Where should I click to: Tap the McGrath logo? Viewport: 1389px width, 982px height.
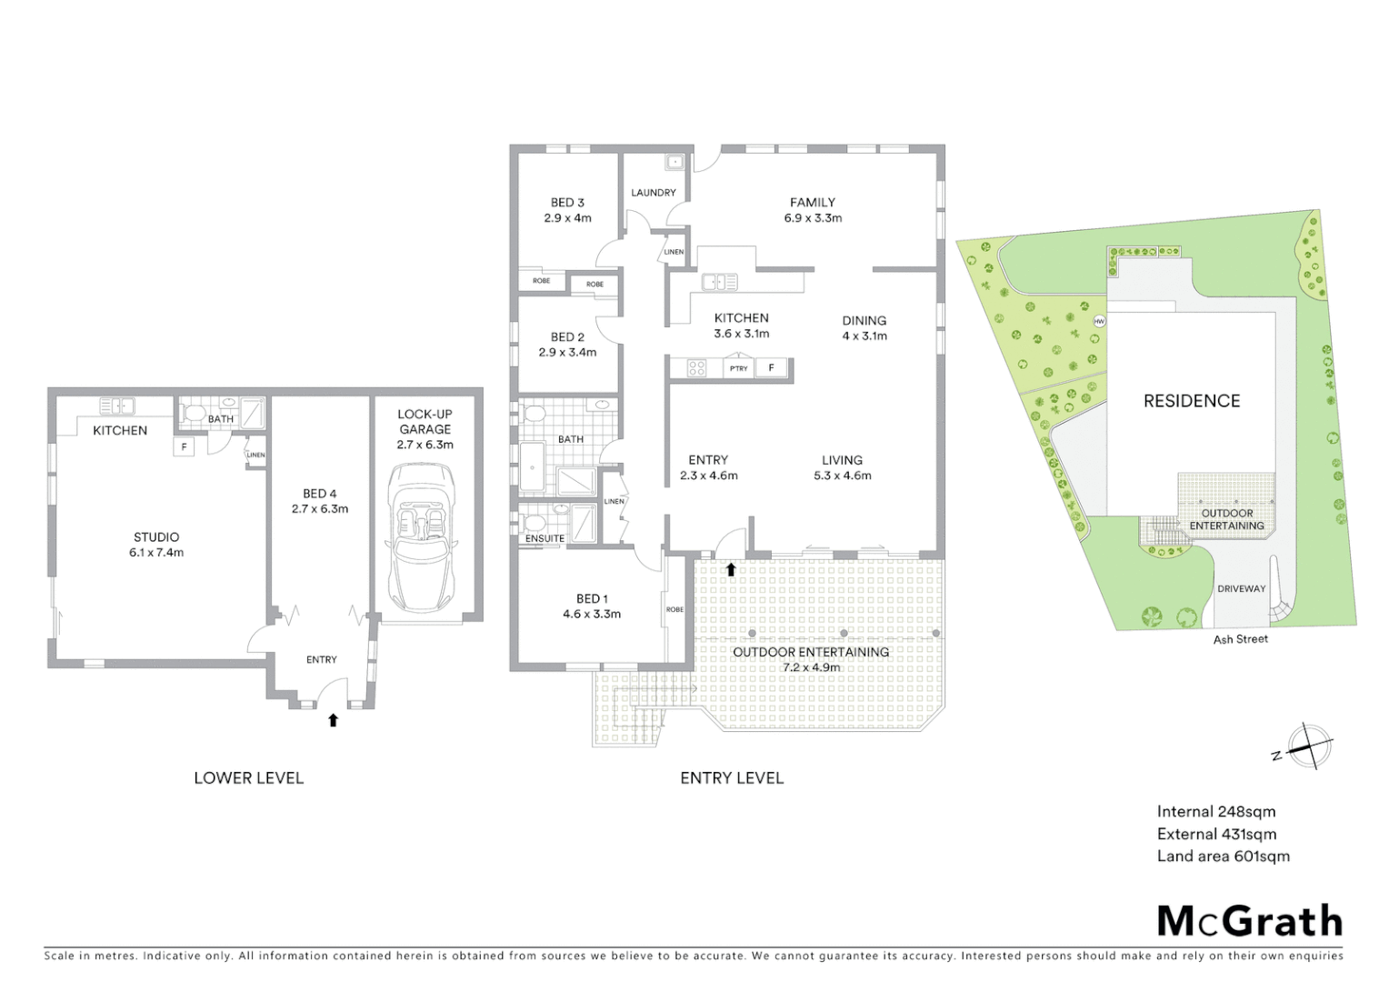click(x=1249, y=921)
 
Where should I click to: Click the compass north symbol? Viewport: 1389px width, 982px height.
click(x=1305, y=747)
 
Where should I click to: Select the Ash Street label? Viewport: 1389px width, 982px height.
click(x=1240, y=639)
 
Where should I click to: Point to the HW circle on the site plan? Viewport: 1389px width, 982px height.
click(x=1099, y=321)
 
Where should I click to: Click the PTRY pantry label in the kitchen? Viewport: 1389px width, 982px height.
click(x=738, y=368)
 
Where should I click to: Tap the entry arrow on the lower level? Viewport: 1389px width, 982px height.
click(x=333, y=720)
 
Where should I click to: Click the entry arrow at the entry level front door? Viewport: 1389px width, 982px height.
click(x=731, y=570)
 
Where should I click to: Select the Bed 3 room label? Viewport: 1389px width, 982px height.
click(x=567, y=203)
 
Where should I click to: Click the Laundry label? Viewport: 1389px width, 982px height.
click(x=654, y=193)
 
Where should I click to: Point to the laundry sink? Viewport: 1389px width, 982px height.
click(x=674, y=164)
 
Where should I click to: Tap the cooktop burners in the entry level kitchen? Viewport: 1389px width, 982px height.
click(x=696, y=368)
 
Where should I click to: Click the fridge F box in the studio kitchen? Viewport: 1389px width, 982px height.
click(x=184, y=446)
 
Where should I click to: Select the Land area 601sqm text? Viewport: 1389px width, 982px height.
click(x=1223, y=856)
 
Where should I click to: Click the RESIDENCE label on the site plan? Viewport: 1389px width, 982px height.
click(x=1191, y=401)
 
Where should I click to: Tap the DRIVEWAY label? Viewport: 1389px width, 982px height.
click(x=1241, y=588)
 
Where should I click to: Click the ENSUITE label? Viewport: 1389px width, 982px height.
click(x=545, y=538)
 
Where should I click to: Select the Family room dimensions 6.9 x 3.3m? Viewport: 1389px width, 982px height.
click(x=813, y=218)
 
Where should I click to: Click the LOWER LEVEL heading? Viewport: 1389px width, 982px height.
click(x=248, y=777)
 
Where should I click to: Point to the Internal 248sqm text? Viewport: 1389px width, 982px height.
click(x=1215, y=812)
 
